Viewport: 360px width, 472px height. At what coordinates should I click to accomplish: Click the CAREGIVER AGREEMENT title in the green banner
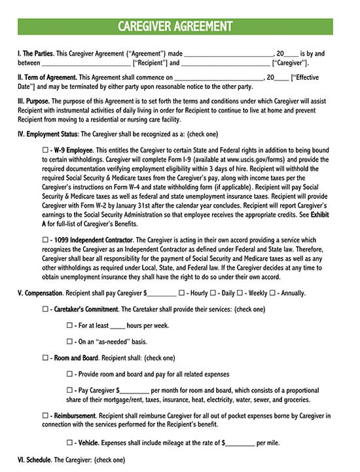click(175, 26)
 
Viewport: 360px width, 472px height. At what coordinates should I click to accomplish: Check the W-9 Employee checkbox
click(45, 150)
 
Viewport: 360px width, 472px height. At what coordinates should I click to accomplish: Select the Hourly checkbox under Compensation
click(181, 293)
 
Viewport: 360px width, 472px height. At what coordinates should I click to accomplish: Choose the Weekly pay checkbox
click(240, 293)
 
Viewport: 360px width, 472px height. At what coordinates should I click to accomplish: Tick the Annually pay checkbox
click(272, 293)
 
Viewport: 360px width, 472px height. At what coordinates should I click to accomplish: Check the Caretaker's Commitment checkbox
click(45, 309)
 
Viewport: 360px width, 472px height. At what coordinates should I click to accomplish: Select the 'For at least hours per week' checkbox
click(69, 325)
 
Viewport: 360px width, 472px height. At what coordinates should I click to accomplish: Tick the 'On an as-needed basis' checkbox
click(69, 341)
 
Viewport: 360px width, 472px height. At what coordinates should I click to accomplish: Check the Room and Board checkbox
click(45, 358)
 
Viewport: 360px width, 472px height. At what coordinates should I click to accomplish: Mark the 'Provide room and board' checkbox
click(69, 374)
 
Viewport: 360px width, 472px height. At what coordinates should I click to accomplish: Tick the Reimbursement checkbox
click(45, 416)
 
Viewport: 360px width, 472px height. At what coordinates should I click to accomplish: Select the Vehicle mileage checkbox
click(69, 443)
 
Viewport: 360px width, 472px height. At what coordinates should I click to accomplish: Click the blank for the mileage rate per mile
click(240, 443)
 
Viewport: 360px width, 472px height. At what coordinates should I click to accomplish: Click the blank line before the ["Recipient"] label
click(86, 64)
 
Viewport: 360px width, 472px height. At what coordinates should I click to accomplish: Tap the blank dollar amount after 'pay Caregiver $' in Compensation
click(162, 293)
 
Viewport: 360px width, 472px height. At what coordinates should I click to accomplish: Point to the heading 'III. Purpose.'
click(33, 101)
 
